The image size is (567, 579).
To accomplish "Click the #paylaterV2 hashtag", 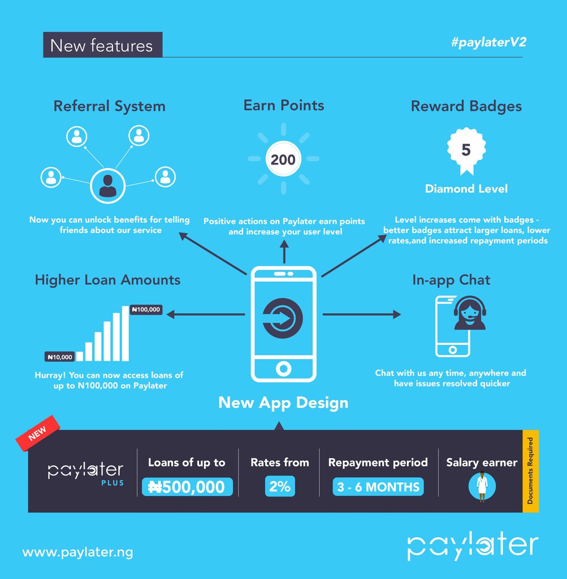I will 488,43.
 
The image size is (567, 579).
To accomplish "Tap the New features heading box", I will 102,45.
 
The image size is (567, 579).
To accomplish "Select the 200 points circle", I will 283,159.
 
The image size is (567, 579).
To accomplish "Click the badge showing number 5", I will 466,150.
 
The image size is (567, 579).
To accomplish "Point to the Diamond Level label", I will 466,189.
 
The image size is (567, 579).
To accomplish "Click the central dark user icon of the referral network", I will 107,185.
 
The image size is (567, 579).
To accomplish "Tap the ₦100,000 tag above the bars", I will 146,309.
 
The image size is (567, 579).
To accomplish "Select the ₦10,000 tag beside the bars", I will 60,357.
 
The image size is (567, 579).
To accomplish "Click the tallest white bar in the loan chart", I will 125,334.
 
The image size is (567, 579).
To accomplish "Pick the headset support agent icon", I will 469,313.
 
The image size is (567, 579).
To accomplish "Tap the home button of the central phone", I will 283,369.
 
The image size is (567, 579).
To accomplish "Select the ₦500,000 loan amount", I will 187,487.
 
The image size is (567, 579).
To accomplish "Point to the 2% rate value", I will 279,487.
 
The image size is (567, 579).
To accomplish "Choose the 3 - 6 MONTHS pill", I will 378,487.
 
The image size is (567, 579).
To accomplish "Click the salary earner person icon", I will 482,486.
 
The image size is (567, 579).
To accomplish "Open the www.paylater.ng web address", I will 78,552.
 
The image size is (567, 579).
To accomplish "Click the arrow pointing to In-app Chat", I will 362,314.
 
